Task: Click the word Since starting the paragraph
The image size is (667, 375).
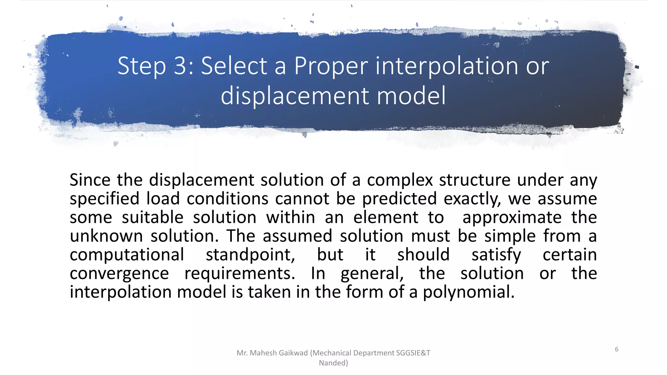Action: [90, 180]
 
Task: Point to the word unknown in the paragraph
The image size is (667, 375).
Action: [106, 236]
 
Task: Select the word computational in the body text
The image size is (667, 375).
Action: [127, 255]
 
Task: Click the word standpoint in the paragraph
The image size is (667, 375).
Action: [250, 255]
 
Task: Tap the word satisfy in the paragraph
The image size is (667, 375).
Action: [496, 255]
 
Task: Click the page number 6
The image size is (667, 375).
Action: [617, 349]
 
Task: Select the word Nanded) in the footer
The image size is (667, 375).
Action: [333, 363]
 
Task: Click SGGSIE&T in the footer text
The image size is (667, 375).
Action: [413, 353]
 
